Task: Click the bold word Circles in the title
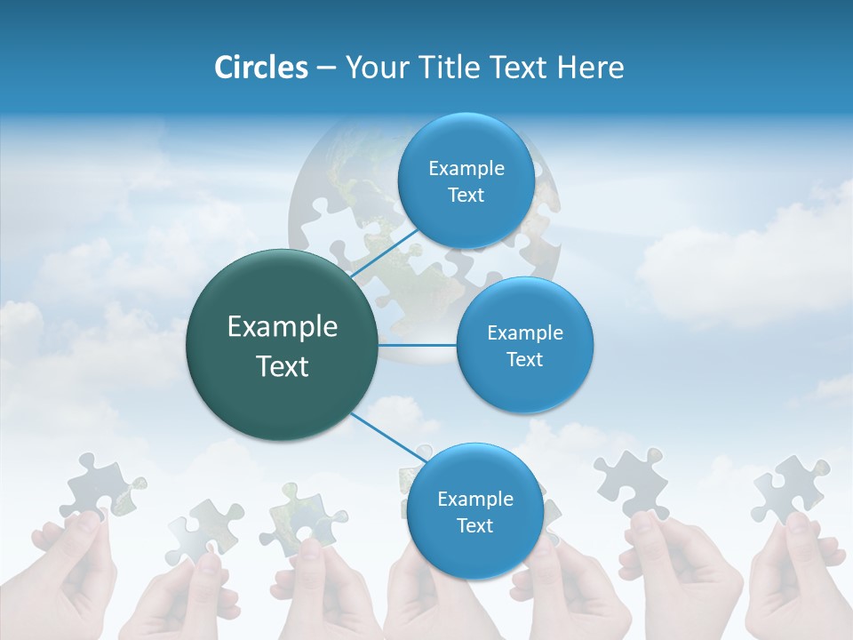(260, 68)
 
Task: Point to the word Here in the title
(590, 68)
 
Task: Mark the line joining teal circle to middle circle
(418, 345)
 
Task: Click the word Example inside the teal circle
(283, 327)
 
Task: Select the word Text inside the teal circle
(283, 366)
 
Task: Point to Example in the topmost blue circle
(466, 169)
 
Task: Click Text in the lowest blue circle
(474, 525)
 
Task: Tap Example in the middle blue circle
(524, 333)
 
